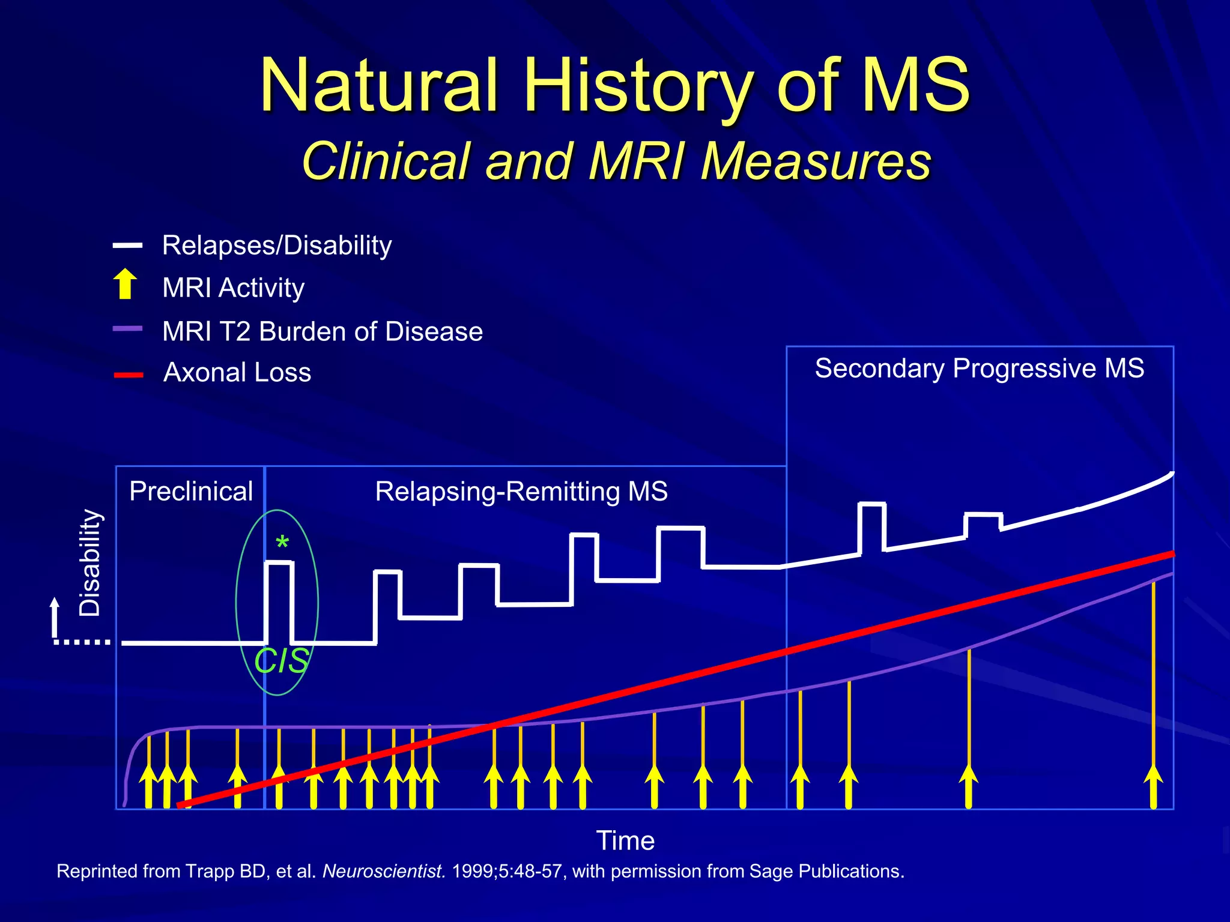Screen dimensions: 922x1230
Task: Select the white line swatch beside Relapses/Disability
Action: click(x=127, y=246)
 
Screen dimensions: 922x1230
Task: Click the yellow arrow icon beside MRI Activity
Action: click(x=125, y=284)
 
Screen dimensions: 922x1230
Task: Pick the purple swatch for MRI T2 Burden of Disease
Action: click(x=127, y=329)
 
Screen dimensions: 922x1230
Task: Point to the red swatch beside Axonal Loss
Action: click(x=129, y=375)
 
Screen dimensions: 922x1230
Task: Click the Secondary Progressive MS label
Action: click(x=979, y=368)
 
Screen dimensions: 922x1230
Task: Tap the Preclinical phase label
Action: click(x=191, y=491)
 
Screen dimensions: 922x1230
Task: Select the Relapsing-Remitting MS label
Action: click(x=521, y=491)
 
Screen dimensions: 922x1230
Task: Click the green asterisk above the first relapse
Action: click(x=282, y=543)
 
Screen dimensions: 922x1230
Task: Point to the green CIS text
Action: click(x=281, y=661)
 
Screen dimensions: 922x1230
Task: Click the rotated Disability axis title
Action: click(x=90, y=562)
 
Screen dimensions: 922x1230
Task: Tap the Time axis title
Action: click(x=625, y=840)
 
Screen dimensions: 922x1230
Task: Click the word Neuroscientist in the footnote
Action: click(x=384, y=871)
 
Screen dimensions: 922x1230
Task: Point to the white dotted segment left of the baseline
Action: click(x=82, y=642)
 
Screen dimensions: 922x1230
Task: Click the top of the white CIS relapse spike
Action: click(x=279, y=562)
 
